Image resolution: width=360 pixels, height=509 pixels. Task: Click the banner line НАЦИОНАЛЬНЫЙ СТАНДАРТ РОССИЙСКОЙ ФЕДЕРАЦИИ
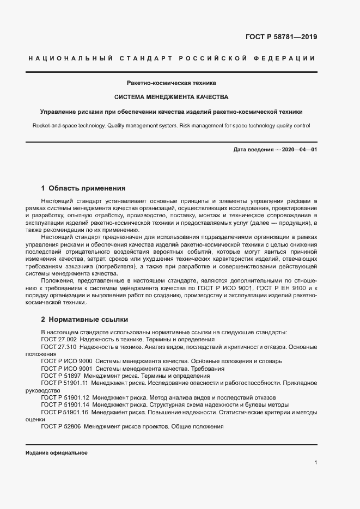coord(171,58)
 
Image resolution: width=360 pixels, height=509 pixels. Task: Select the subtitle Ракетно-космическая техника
coord(171,84)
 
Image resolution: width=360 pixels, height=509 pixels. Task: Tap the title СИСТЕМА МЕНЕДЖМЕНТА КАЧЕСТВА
coord(171,97)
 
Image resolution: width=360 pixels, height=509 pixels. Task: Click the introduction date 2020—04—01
coord(299,149)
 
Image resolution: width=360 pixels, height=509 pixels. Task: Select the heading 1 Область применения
coord(83,188)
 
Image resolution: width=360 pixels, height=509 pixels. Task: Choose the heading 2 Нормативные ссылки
coord(84,319)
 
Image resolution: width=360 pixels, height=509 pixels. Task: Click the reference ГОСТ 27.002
coord(59,339)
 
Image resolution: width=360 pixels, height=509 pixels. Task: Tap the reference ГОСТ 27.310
coord(59,346)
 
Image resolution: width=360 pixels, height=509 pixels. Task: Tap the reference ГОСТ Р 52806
coord(62,427)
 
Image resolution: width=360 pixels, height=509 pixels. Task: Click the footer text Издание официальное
coord(57,453)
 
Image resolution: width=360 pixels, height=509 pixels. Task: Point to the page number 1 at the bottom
coord(315,463)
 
